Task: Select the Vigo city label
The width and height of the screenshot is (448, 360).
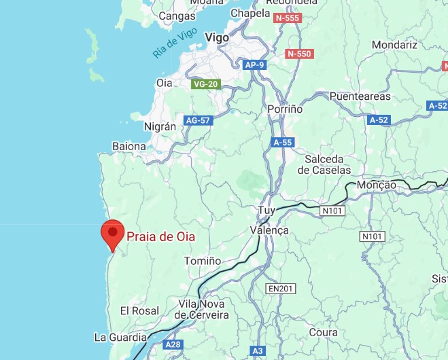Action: click(217, 38)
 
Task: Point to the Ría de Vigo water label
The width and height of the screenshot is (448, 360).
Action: click(175, 43)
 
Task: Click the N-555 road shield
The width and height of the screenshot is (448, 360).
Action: click(287, 18)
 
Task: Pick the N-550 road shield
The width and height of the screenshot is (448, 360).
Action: click(298, 54)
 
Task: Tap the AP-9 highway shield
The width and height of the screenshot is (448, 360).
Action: click(253, 65)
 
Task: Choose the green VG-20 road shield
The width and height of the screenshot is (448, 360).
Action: click(205, 84)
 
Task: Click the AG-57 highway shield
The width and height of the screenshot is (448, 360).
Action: click(199, 120)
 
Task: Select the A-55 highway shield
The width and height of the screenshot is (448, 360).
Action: click(282, 143)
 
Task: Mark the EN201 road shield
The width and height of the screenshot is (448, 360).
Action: click(280, 289)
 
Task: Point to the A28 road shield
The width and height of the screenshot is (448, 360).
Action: click(173, 344)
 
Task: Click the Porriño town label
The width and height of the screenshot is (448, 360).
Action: click(285, 108)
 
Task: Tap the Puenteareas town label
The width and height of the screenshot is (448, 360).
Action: click(362, 96)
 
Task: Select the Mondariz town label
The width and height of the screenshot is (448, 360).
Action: click(394, 45)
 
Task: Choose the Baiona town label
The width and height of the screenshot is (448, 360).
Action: click(129, 146)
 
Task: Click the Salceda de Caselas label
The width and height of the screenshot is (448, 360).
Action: click(328, 164)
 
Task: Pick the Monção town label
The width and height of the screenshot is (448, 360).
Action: click(376, 185)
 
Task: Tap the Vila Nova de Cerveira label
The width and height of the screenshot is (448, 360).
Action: click(203, 310)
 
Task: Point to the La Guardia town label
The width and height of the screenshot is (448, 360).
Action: click(120, 337)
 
